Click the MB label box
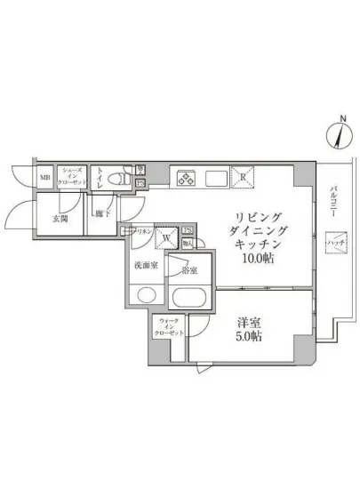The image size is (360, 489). click(x=44, y=177)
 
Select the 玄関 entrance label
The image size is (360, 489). click(x=60, y=218)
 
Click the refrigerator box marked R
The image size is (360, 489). click(x=243, y=177)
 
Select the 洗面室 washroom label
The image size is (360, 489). click(x=146, y=266)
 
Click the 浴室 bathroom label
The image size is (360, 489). click(x=189, y=269)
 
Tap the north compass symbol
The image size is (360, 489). click(x=339, y=134)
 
